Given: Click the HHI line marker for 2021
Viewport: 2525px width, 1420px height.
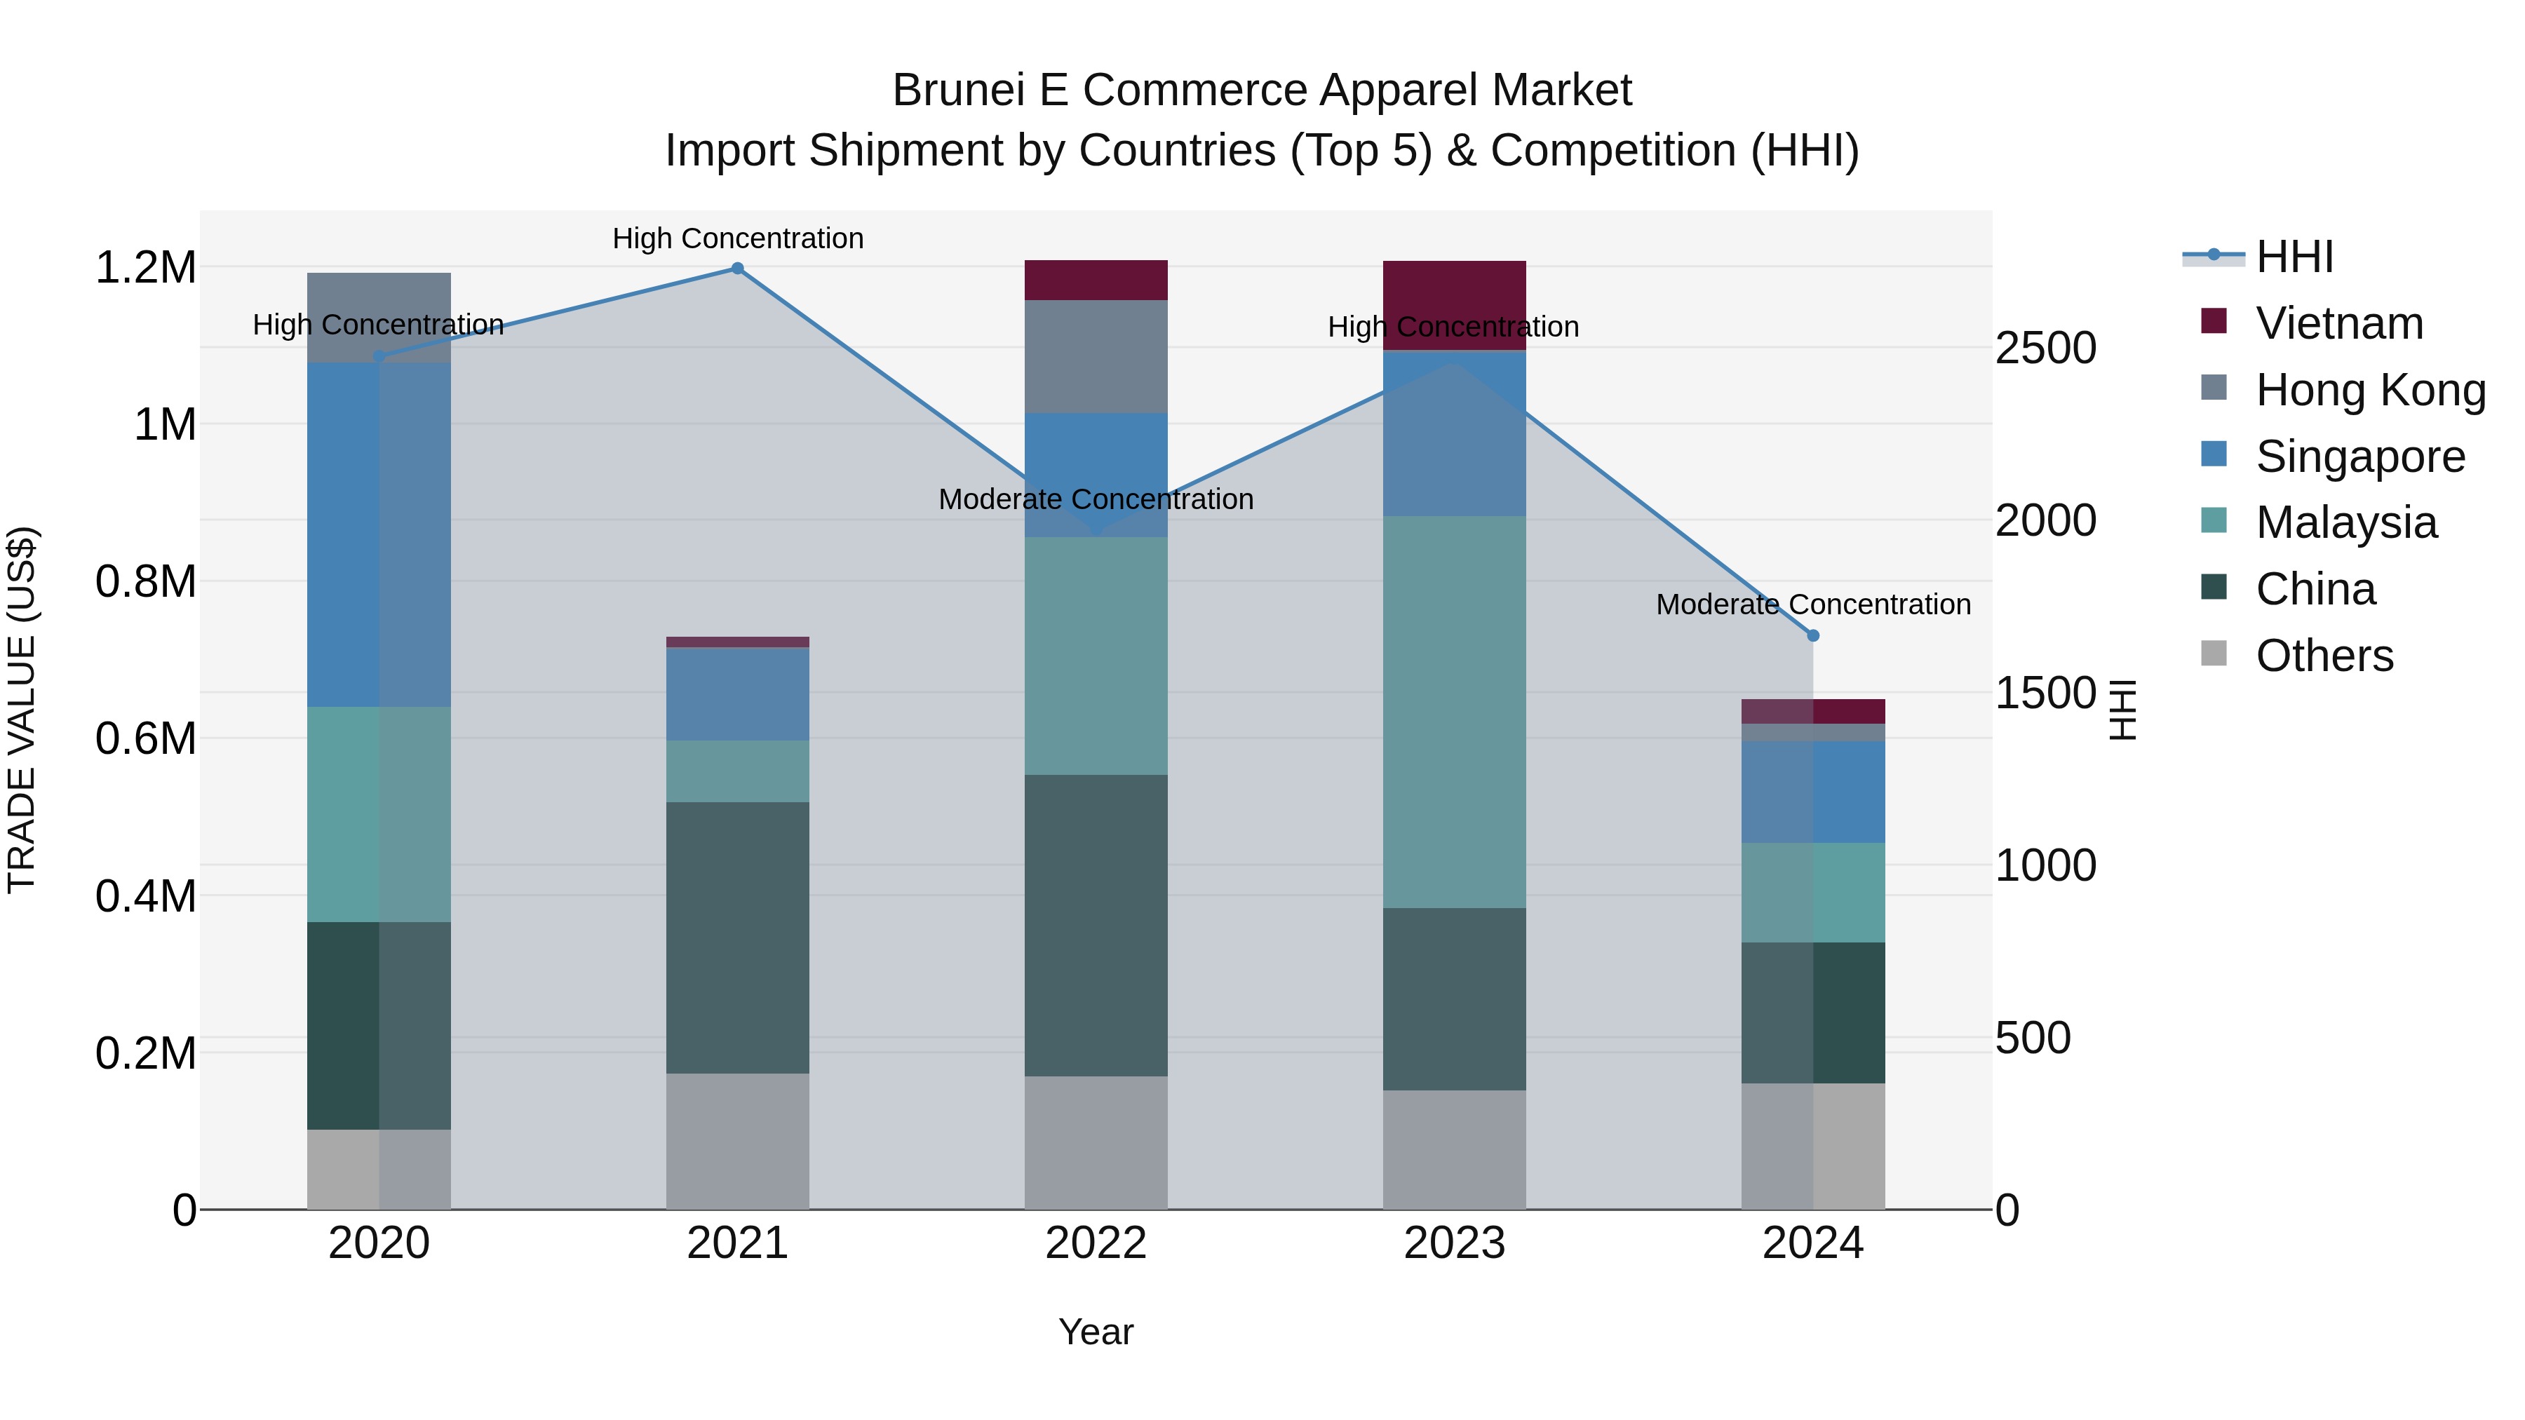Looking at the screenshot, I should pos(737,269).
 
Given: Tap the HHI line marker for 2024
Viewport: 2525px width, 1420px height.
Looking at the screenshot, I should pos(1812,636).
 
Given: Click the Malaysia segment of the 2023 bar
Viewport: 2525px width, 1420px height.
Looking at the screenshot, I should pos(1454,712).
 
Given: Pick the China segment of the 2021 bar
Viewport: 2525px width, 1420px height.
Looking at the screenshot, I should pos(737,937).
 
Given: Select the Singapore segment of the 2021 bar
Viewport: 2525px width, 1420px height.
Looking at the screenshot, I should pos(737,693).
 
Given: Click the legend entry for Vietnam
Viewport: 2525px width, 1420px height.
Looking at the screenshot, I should pos(2338,323).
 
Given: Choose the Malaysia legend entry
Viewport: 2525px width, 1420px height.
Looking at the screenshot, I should pos(2345,522).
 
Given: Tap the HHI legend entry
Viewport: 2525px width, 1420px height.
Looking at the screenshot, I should pos(2294,257).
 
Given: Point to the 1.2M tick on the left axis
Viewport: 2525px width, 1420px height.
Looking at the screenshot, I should pos(145,268).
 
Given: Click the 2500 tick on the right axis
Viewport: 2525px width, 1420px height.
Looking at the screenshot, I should pos(2046,348).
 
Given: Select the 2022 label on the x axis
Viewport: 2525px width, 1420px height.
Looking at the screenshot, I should pos(1096,1243).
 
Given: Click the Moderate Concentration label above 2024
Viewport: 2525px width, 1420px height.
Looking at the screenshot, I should pos(1812,604).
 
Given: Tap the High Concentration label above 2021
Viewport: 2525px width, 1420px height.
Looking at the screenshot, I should pos(737,238).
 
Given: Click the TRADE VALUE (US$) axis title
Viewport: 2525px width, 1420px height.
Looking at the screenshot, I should pos(22,710).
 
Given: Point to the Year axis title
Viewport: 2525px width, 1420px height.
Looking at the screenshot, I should pos(1096,1332).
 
